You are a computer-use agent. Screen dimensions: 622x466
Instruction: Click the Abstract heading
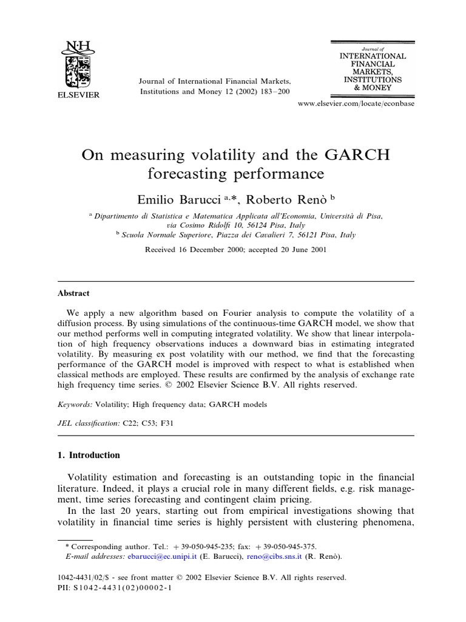click(x=73, y=293)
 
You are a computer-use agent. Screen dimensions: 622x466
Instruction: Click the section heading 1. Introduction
click(x=89, y=455)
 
